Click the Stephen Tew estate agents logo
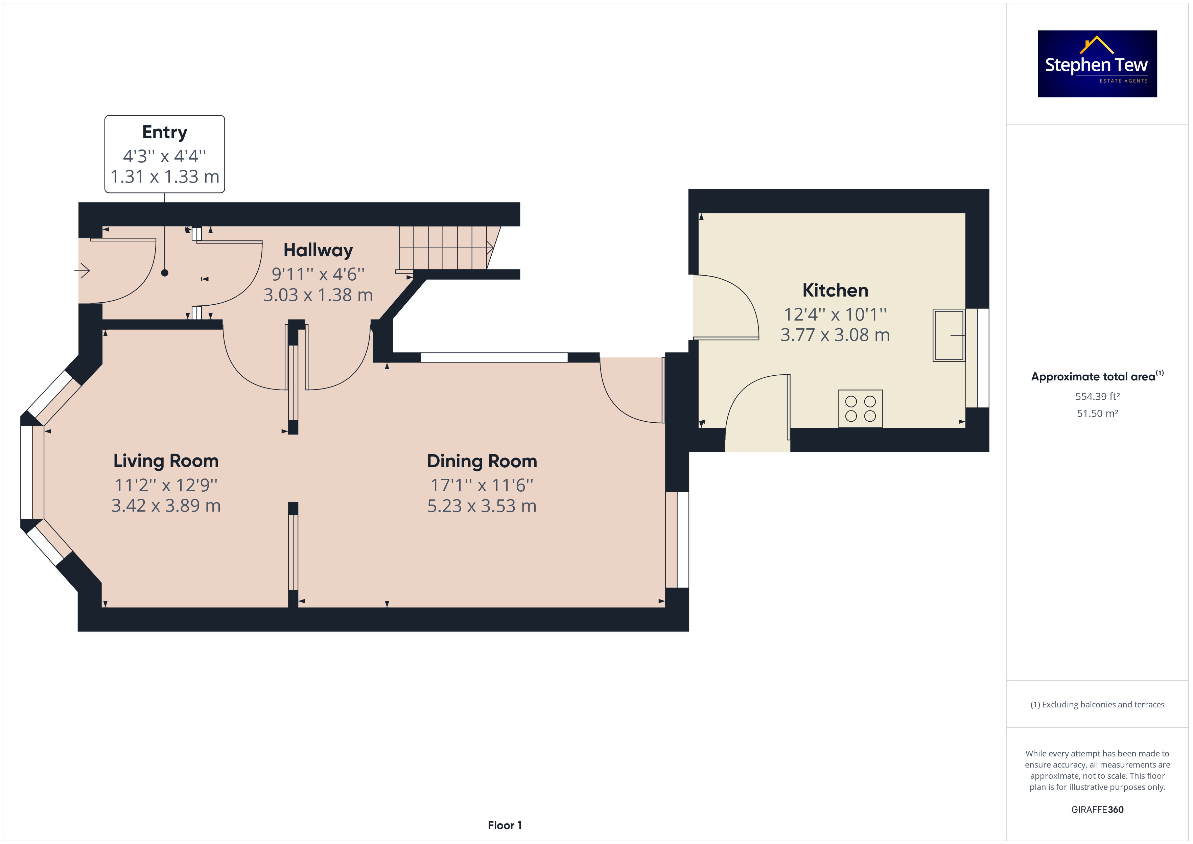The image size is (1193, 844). point(1097,64)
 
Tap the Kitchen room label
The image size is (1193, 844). point(835,290)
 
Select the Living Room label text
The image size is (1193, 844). point(166,461)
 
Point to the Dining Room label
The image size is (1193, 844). point(482,461)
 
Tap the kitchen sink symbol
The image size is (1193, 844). point(949,335)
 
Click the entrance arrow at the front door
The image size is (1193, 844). point(82,270)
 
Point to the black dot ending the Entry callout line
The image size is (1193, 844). point(165,273)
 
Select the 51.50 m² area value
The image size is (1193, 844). point(1097,413)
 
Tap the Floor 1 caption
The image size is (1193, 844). point(505,825)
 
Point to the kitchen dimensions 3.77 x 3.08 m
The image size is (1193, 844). point(835,335)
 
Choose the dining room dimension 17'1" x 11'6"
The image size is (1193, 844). point(482,485)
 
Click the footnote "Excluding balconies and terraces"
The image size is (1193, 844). point(1103,705)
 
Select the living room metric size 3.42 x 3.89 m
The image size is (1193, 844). point(166,505)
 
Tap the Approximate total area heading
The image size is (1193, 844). point(1093,377)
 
